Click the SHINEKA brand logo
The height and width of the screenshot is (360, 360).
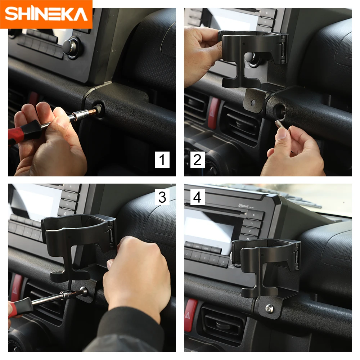click(46, 14)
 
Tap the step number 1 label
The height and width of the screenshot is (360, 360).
click(162, 159)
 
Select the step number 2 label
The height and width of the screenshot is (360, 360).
click(197, 159)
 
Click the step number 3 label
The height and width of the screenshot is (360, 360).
click(162, 197)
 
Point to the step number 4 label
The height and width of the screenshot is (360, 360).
click(197, 197)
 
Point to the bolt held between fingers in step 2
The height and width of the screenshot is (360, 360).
click(278, 126)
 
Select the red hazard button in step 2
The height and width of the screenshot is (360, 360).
click(214, 113)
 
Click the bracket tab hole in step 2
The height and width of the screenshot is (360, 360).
click(253, 103)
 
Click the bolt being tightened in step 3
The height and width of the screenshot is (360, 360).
click(84, 291)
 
